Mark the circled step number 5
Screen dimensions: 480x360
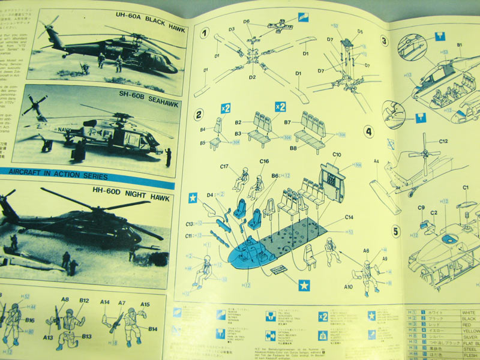396,231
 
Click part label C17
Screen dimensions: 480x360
226,166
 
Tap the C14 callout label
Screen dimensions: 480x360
349,217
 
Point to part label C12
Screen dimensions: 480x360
443,142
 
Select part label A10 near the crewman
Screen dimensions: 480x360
348,287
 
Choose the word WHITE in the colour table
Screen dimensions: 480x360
469,312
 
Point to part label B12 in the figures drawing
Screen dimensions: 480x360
83,300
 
